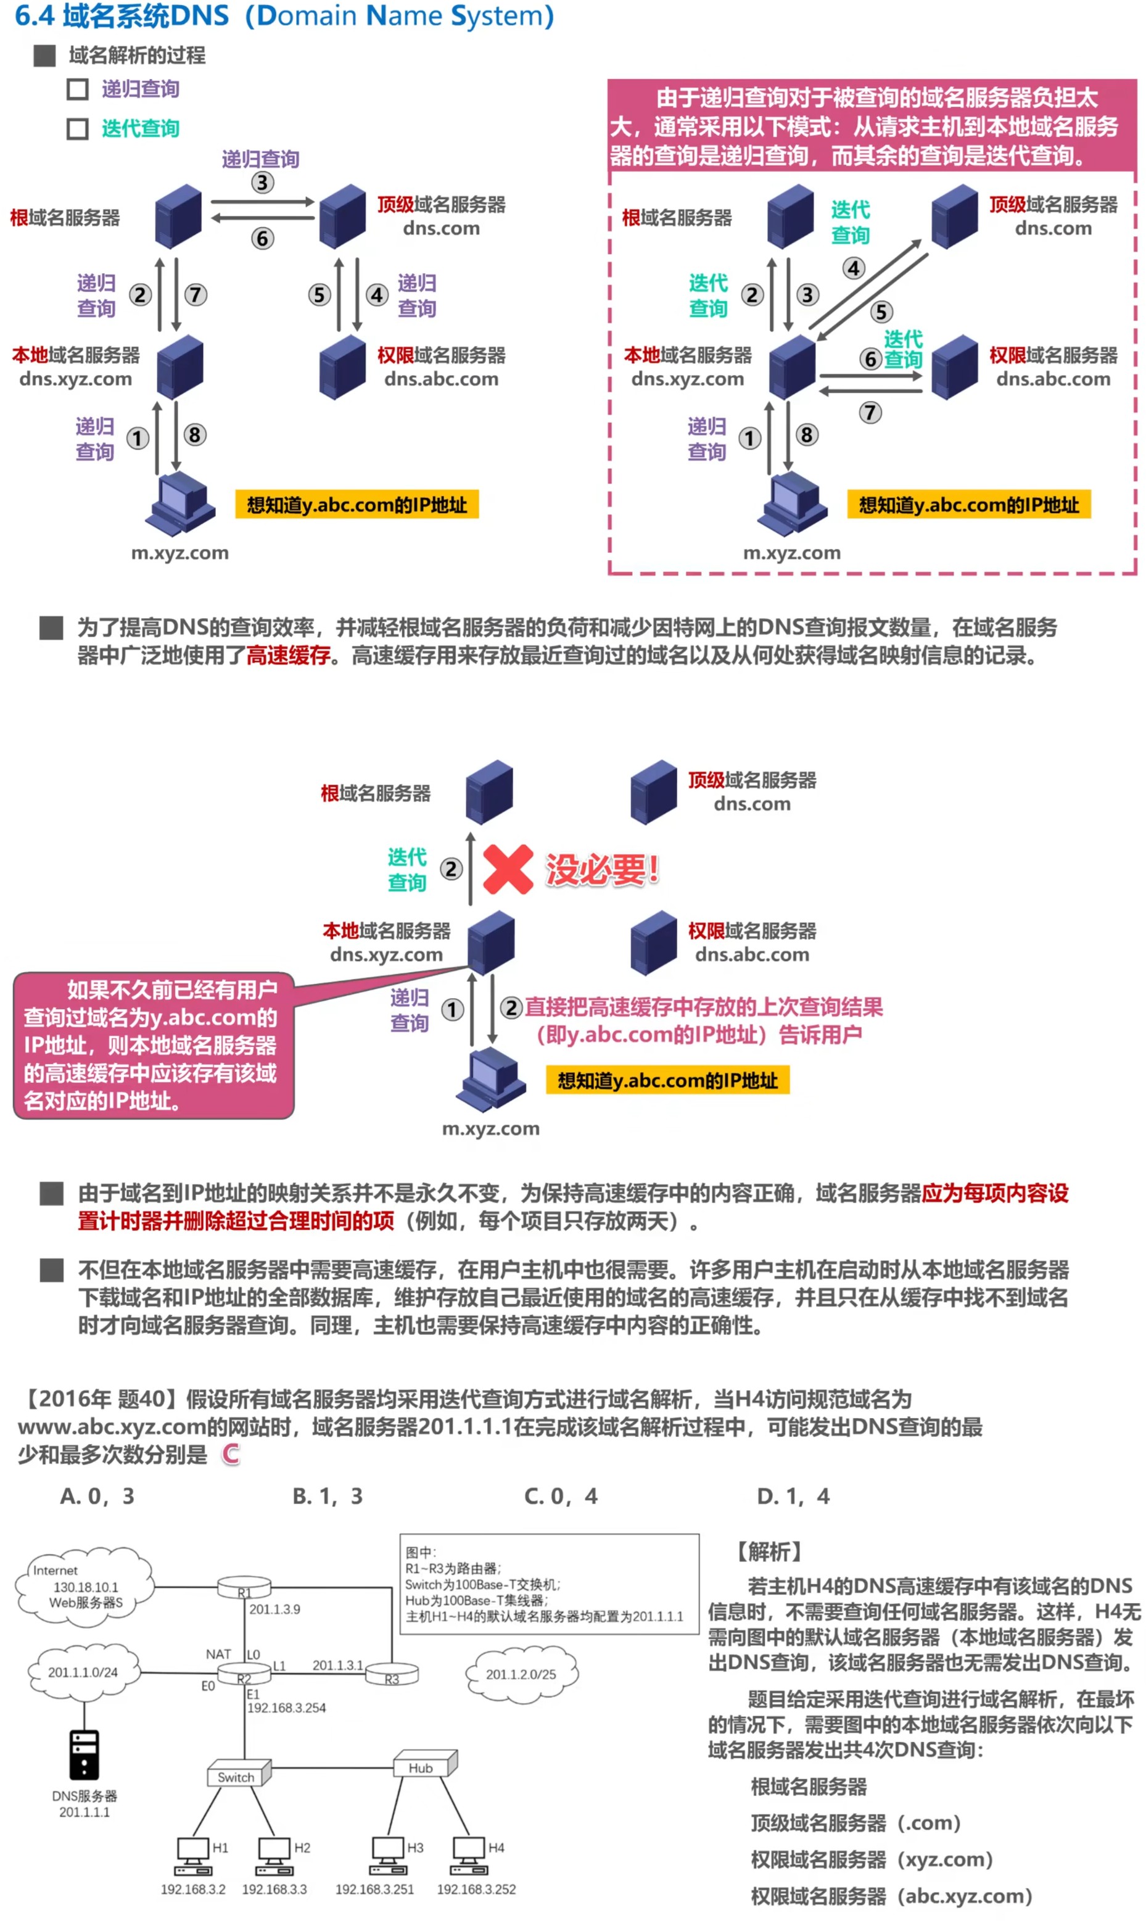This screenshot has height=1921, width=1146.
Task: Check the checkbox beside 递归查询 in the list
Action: point(77,89)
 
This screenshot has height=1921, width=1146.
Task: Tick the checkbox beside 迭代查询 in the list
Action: point(77,128)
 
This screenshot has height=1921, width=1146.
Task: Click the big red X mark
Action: point(508,869)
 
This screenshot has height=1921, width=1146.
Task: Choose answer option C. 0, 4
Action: point(561,1497)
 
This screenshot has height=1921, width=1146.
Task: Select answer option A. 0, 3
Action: point(97,1497)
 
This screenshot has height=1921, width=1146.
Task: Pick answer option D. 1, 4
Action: point(793,1497)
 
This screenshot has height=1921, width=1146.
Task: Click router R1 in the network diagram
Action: point(244,1587)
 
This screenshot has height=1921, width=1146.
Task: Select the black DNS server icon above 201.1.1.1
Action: point(84,1754)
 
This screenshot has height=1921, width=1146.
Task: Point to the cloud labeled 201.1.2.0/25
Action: point(521,1674)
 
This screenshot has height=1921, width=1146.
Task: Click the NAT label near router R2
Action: point(218,1654)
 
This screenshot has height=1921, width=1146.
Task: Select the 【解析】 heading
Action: point(768,1551)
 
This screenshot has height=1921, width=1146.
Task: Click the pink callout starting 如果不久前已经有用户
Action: point(153,1044)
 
